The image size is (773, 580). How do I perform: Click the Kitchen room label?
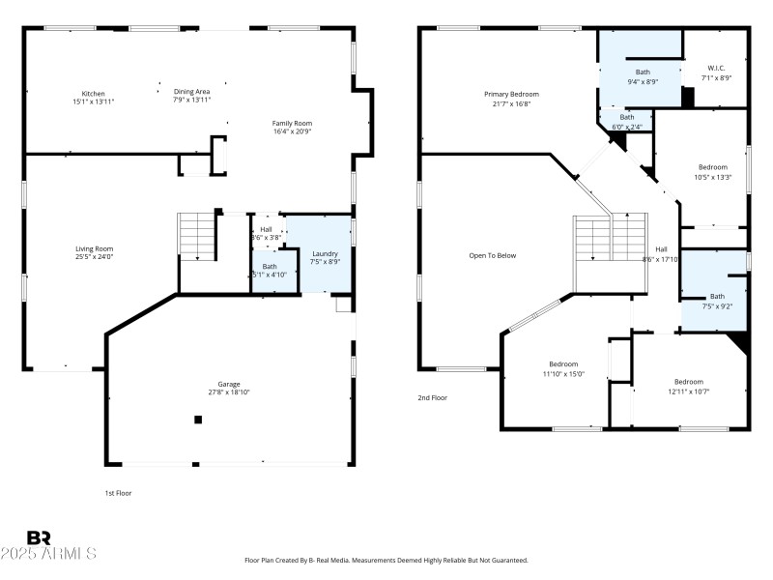click(94, 94)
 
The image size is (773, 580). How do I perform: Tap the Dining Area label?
click(191, 91)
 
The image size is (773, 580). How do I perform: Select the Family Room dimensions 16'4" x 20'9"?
click(291, 130)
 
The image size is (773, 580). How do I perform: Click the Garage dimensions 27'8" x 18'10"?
click(229, 391)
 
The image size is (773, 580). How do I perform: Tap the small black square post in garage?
click(198, 420)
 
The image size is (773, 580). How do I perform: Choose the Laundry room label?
click(325, 253)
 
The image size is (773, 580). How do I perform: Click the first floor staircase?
click(197, 238)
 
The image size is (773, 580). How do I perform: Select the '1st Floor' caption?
click(118, 493)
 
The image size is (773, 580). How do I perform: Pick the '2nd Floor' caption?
click(431, 397)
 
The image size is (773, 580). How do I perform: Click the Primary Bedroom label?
click(511, 94)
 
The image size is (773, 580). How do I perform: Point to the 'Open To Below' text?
click(493, 255)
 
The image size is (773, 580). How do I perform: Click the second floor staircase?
click(610, 238)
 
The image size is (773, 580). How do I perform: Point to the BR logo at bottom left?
click(39, 538)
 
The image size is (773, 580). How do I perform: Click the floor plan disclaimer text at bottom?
click(386, 560)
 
